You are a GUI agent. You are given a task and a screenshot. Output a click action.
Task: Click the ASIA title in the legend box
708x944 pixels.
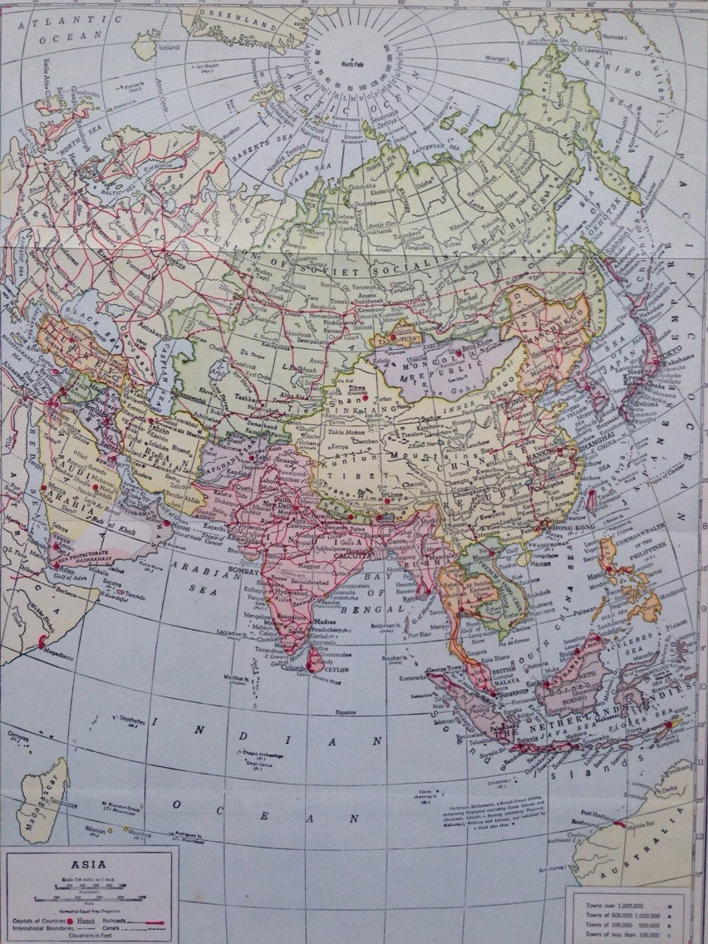coord(89,864)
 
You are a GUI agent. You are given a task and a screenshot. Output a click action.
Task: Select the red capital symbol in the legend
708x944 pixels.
coord(73,922)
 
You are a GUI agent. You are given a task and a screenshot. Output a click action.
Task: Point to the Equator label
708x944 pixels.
coord(340,712)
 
